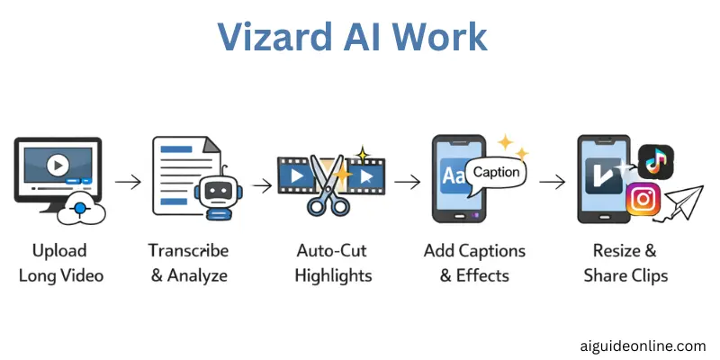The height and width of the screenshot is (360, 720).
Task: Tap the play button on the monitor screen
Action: [57, 166]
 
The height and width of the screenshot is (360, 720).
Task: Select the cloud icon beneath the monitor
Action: [80, 210]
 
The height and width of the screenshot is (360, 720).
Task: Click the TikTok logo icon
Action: [655, 162]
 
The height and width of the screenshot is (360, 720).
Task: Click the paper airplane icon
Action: [683, 202]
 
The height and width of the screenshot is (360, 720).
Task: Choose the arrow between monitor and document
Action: [129, 182]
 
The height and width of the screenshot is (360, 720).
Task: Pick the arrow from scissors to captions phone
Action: [408, 182]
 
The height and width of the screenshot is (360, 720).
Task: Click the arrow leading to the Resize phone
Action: [552, 182]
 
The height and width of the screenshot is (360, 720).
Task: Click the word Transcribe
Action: [188, 250]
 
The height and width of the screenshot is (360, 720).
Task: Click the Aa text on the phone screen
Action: [454, 177]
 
